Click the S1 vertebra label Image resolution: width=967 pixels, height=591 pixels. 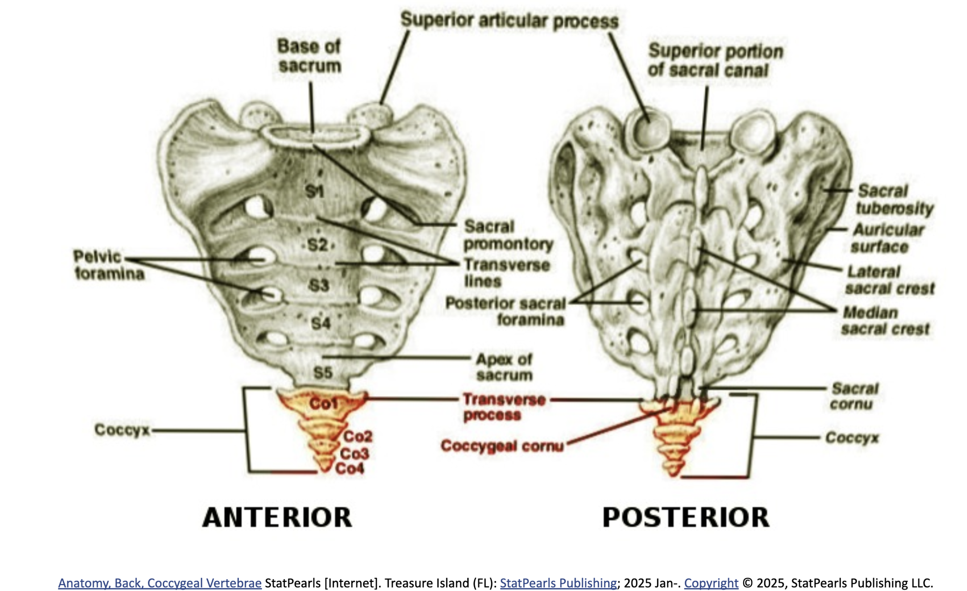tap(314, 191)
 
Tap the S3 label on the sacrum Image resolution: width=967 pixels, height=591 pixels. tap(319, 285)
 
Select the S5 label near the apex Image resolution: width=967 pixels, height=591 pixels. tap(323, 373)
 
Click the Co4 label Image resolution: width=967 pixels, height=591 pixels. tap(349, 468)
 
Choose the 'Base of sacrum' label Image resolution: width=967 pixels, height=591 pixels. tap(309, 56)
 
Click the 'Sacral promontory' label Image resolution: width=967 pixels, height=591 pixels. tap(508, 235)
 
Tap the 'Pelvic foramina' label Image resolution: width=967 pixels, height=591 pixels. tap(109, 265)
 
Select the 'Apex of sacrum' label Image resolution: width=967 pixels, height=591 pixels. tap(504, 367)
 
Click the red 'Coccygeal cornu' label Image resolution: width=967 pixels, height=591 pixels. tap(502, 446)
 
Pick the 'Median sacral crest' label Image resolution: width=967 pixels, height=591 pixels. tap(885, 321)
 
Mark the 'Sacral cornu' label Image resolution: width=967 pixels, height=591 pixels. tap(855, 396)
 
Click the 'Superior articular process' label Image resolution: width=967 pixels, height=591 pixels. tap(509, 20)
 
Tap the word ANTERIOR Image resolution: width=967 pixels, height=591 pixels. tap(277, 518)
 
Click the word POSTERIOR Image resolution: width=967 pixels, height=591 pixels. tap(686, 518)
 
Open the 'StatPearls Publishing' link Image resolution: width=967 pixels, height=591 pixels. tap(558, 583)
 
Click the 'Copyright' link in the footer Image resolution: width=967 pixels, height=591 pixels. tap(711, 583)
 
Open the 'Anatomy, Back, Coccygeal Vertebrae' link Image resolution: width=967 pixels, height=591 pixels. tap(160, 583)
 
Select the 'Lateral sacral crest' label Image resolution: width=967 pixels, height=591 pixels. tap(889, 280)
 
